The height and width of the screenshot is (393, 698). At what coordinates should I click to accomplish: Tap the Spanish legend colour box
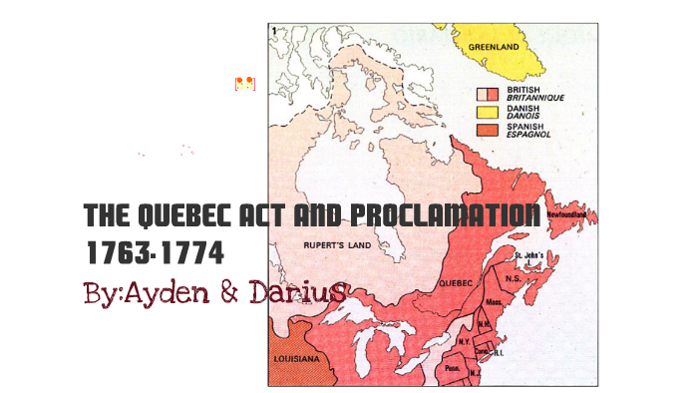[x=486, y=130]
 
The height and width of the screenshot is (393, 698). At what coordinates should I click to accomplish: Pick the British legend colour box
[x=486, y=92]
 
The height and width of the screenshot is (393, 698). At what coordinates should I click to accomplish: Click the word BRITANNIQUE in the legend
[x=532, y=96]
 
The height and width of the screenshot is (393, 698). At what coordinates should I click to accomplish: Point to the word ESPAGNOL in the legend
[x=528, y=134]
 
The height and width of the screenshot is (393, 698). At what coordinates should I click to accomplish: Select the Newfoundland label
[x=571, y=213]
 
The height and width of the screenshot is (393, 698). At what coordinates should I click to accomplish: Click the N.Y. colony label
[x=464, y=341]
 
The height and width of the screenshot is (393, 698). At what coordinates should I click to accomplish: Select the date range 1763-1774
[x=154, y=253]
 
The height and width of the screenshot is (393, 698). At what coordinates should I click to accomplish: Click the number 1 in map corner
[x=273, y=31]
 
